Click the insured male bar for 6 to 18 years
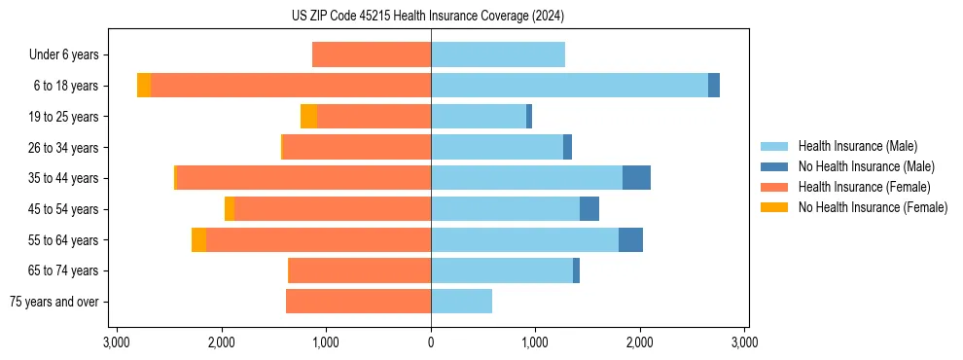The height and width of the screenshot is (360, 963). click(569, 86)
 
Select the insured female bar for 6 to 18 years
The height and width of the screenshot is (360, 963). click(291, 86)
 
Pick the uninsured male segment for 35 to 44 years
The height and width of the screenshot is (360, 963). click(636, 178)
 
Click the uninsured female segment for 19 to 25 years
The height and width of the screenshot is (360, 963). click(308, 117)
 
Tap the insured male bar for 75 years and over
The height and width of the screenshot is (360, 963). click(461, 302)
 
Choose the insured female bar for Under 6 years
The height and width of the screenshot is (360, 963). click(372, 55)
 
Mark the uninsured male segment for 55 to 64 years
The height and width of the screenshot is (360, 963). click(630, 239)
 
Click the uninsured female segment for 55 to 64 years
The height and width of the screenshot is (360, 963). click(198, 239)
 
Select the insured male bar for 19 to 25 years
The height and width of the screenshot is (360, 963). click(479, 117)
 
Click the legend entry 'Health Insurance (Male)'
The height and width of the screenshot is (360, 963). click(856, 146)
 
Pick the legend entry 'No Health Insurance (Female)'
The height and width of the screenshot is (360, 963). click(873, 207)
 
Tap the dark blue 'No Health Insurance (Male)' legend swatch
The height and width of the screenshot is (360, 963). click(774, 166)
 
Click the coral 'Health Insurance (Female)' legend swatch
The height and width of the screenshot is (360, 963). click(774, 187)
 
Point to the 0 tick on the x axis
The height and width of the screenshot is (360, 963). click(431, 342)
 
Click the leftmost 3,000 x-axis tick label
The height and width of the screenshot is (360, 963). click(117, 342)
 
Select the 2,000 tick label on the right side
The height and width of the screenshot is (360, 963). click(639, 342)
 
